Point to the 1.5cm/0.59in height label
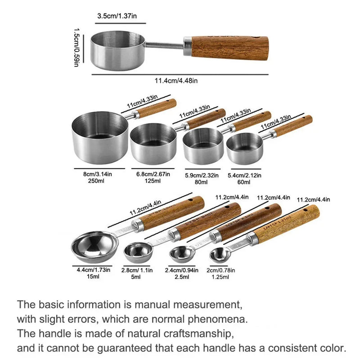(77, 47)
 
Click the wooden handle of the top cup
(229, 46)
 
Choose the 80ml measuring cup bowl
(203, 145)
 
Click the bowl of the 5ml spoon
(137, 252)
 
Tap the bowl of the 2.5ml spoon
(181, 254)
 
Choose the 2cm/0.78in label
(220, 270)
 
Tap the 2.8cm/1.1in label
(136, 270)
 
